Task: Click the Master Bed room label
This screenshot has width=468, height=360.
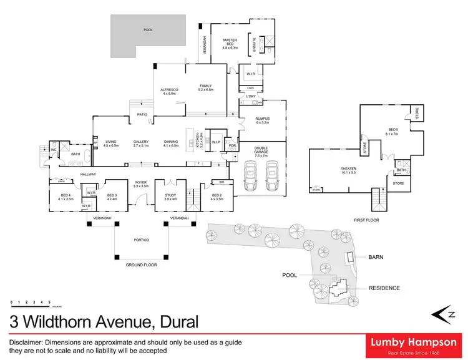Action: click(x=230, y=43)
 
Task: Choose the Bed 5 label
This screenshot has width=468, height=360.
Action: click(x=391, y=132)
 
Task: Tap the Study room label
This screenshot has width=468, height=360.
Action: click(x=170, y=197)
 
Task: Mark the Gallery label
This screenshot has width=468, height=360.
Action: click(x=140, y=143)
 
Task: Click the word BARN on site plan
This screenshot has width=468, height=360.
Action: click(x=376, y=257)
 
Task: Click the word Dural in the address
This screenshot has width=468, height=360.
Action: click(x=178, y=322)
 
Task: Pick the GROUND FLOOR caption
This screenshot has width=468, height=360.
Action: click(x=141, y=265)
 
